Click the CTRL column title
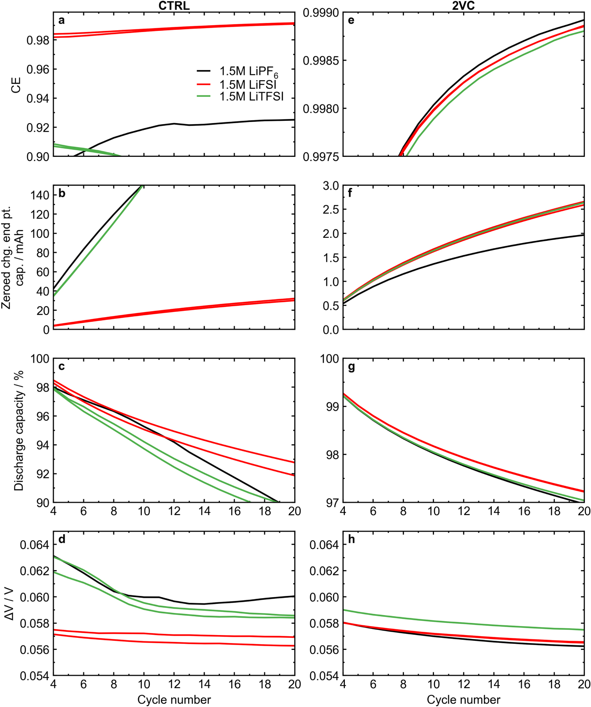(174, 5)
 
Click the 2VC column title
(463, 5)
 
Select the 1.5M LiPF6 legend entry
(248, 71)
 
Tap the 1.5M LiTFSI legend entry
(251, 96)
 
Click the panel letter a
(61, 20)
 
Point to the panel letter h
(351, 539)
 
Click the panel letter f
(350, 193)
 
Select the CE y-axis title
(16, 85)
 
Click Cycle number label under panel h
(463, 699)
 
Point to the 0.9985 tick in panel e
(320, 61)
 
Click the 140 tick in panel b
(40, 195)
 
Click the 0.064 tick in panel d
(34, 544)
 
